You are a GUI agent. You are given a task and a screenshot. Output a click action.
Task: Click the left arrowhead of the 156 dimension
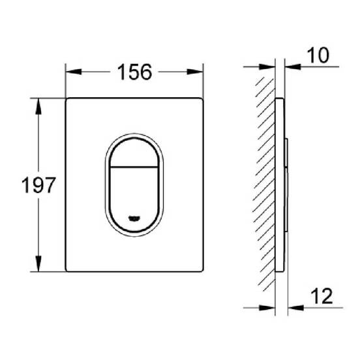click(x=71, y=72)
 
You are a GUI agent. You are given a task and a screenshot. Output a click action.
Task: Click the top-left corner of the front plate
click(x=67, y=100)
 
